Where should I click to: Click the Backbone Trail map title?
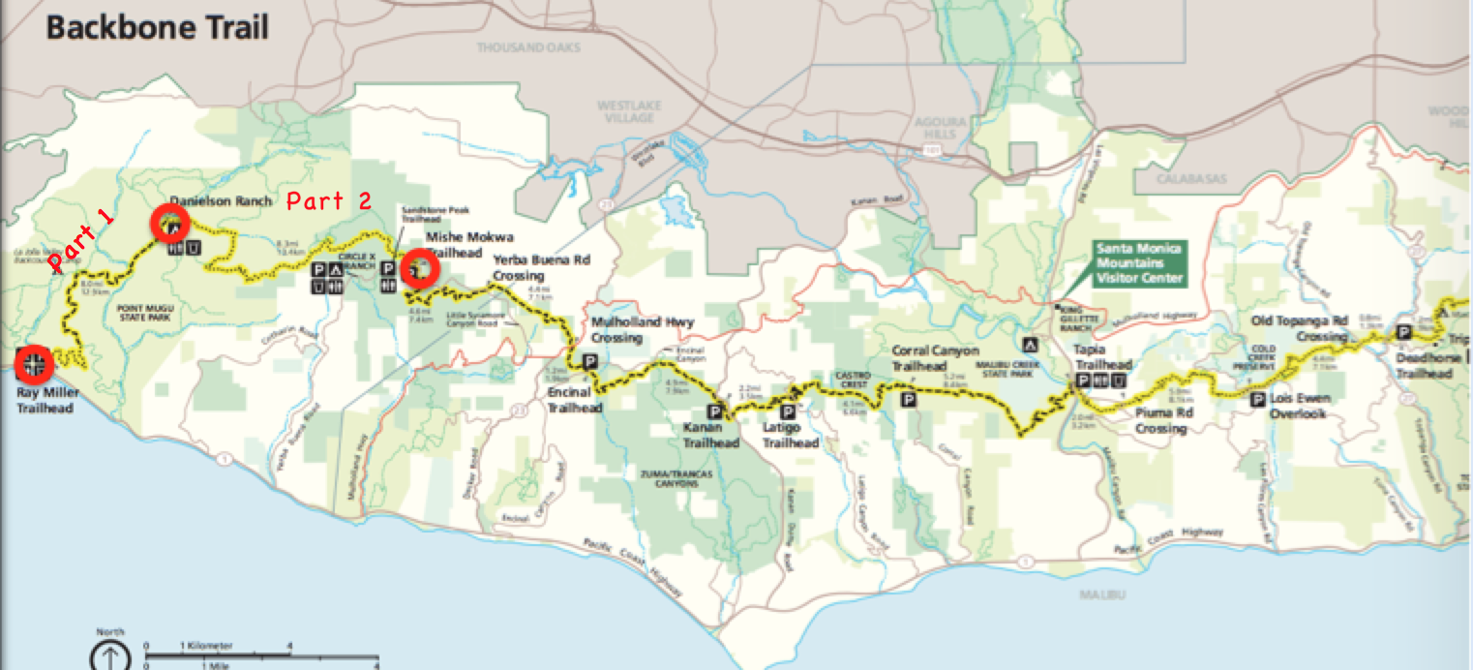coord(158,26)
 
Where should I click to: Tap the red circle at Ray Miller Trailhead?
coord(35,364)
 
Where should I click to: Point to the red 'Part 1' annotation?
coord(81,240)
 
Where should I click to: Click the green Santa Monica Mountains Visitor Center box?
coord(1138,263)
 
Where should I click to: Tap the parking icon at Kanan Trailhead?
coord(723,411)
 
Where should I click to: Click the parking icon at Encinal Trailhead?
coord(589,362)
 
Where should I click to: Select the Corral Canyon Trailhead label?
coord(935,357)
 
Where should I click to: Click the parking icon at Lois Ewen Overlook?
coord(1258,399)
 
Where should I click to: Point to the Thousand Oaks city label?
coord(520,46)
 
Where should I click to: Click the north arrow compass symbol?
coord(110,655)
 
